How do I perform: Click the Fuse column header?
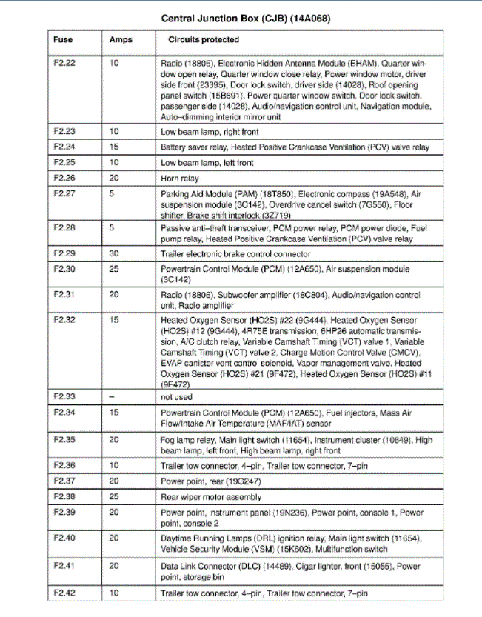64,39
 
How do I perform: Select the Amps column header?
121,39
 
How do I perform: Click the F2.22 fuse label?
65,64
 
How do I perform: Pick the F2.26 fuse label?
65,179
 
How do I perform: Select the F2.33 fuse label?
65,397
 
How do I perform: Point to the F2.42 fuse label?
65,593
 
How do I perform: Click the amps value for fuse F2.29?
114,253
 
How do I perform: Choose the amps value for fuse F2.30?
114,269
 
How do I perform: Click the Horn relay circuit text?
180,179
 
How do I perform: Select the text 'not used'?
176,397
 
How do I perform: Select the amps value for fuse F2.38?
114,497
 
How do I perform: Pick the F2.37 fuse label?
65,481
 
